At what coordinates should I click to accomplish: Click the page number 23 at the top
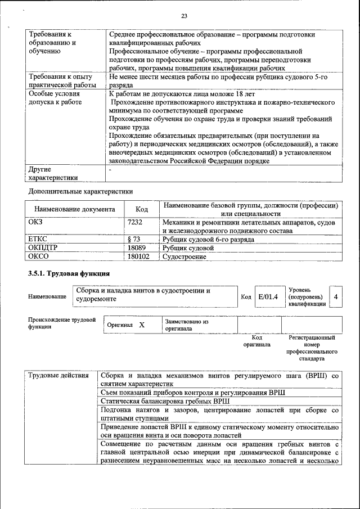click(x=183, y=15)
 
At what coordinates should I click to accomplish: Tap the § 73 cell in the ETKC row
click(x=134, y=239)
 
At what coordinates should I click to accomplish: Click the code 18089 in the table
click(x=136, y=247)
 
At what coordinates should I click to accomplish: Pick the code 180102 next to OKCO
click(x=138, y=256)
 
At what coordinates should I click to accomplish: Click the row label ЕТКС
click(x=38, y=239)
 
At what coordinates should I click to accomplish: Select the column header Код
click(x=142, y=209)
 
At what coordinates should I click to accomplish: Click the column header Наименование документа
click(x=74, y=209)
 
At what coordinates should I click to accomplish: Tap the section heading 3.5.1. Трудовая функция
click(x=69, y=274)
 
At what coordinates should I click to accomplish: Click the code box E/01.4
click(x=268, y=296)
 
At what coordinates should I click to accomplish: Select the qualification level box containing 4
click(x=336, y=296)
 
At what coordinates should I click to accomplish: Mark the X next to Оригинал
click(x=142, y=325)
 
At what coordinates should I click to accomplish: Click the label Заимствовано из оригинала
click(x=186, y=325)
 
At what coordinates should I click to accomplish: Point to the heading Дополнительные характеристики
click(x=80, y=191)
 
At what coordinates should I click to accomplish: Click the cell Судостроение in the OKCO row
click(x=184, y=256)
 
